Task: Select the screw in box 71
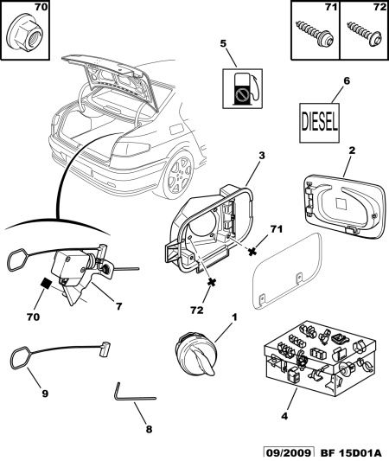[315, 32]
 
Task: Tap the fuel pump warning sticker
[242, 88]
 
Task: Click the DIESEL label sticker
[319, 123]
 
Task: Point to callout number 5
[223, 43]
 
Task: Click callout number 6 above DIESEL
[347, 80]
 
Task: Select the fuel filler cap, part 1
[195, 354]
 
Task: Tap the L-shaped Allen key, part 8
[134, 392]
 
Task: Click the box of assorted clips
[320, 358]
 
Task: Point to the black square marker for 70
[46, 284]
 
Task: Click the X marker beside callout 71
[252, 252]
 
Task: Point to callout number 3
[261, 156]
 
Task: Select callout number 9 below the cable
[45, 394]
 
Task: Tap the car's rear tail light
[130, 149]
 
